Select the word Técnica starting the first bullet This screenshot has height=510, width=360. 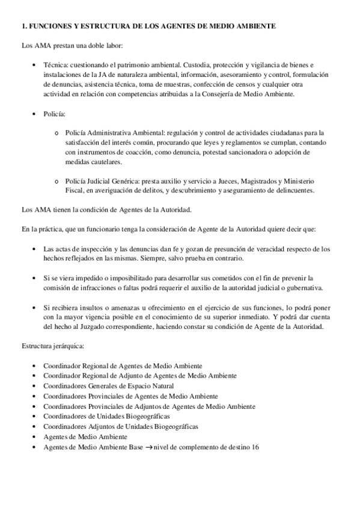[x=56, y=64]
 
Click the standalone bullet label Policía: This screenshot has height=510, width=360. [x=55, y=113]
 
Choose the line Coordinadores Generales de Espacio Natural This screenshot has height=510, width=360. [x=108, y=386]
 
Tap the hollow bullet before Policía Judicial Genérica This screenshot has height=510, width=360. [x=56, y=182]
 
